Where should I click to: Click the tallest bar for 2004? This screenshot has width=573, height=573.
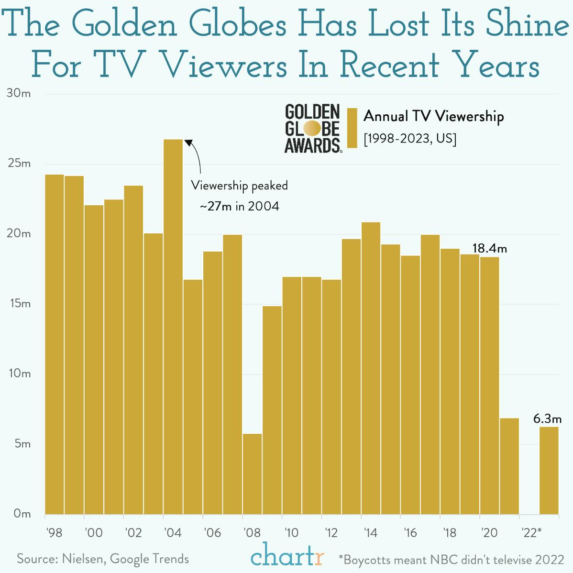coord(173,325)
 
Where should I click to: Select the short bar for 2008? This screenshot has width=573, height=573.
coord(252,474)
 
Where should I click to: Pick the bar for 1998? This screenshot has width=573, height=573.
coord(55,344)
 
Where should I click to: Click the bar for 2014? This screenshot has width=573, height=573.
coord(371,368)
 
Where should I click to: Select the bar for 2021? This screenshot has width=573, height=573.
coord(509,466)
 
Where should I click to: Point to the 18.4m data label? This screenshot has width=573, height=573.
coord(489,249)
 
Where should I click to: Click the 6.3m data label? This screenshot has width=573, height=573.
coord(547,419)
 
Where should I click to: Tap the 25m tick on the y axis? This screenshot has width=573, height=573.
coord(19,164)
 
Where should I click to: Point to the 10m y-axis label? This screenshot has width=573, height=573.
coord(19,374)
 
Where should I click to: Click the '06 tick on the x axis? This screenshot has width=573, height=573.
coord(212,533)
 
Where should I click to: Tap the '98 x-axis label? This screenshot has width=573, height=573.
coord(55,533)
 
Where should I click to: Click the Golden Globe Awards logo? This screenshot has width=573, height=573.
coord(313,128)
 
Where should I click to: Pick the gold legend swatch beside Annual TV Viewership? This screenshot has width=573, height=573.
coord(353,128)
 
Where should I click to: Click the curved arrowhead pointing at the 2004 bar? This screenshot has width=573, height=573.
coord(189,143)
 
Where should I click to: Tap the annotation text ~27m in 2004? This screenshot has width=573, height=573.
coord(239,207)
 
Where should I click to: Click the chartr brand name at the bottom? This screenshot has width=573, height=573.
coord(287,557)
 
